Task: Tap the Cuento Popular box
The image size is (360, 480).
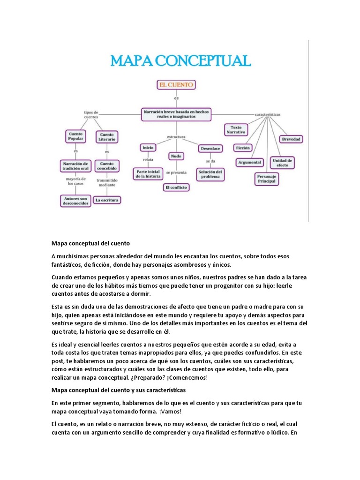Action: coord(75,136)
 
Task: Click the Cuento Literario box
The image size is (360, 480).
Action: coord(107,137)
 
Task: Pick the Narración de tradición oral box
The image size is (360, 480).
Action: coord(75,166)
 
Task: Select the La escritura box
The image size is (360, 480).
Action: coord(107,200)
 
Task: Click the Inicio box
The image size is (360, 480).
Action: coord(148,148)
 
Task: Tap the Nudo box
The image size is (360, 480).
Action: coord(176,156)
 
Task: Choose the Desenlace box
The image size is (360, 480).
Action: coord(210,148)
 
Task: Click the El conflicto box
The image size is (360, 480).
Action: coord(176,187)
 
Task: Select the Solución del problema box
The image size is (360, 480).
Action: coord(210,174)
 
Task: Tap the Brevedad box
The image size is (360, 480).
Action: coord(292,139)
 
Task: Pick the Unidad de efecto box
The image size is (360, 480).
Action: coord(283,163)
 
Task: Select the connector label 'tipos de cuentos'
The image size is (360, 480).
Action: coord(90,115)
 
